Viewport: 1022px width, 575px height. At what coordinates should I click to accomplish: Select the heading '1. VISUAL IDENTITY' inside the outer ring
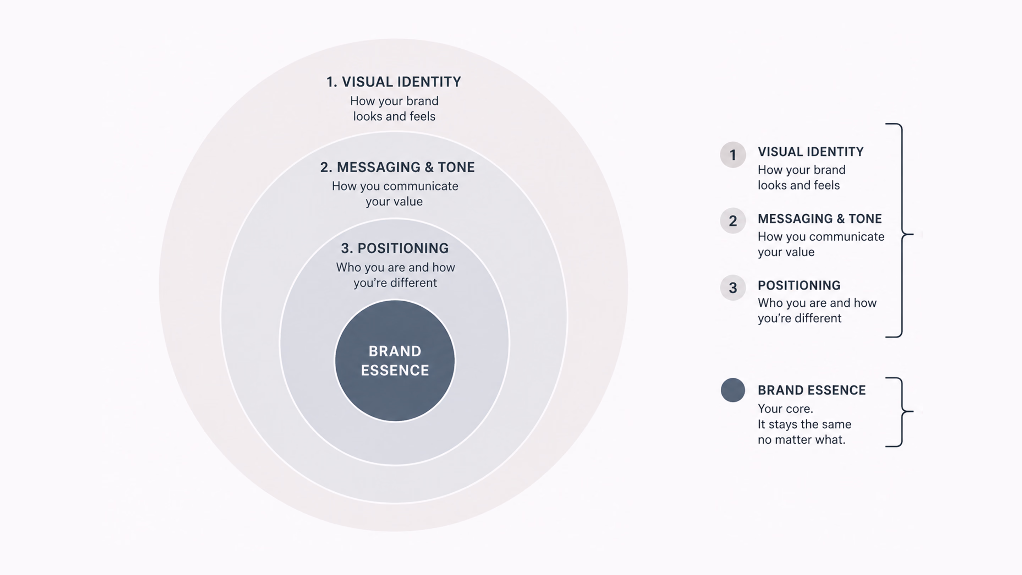coord(394,82)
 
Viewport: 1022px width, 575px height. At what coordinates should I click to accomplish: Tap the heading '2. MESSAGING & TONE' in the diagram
coord(397,167)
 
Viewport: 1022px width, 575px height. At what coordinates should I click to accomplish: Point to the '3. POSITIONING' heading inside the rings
coord(395,248)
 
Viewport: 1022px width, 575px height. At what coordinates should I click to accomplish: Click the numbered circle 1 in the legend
coord(733,154)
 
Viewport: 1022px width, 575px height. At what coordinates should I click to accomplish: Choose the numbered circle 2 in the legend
coord(733,221)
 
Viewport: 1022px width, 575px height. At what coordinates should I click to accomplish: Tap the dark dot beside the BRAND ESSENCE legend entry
coord(733,390)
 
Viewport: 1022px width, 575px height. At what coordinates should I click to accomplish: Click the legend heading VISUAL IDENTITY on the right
coord(811,152)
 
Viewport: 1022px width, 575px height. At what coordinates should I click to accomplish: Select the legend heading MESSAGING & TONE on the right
coord(820,218)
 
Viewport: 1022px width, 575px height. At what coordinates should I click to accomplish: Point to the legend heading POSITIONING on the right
coord(799,285)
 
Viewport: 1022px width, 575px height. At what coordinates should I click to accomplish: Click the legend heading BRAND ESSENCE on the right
coord(812,390)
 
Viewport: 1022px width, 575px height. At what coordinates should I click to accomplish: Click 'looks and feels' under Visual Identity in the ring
coord(394,116)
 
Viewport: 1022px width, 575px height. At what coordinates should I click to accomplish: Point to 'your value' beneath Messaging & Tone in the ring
coord(394,202)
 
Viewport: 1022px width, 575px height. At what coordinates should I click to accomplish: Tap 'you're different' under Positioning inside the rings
coord(395,283)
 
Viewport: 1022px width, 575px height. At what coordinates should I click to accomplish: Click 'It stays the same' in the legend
coord(804,424)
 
